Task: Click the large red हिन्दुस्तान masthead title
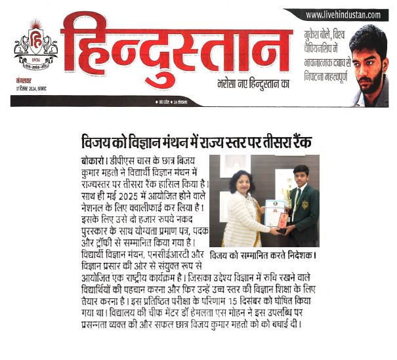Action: [174, 49]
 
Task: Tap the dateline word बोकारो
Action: [85, 161]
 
